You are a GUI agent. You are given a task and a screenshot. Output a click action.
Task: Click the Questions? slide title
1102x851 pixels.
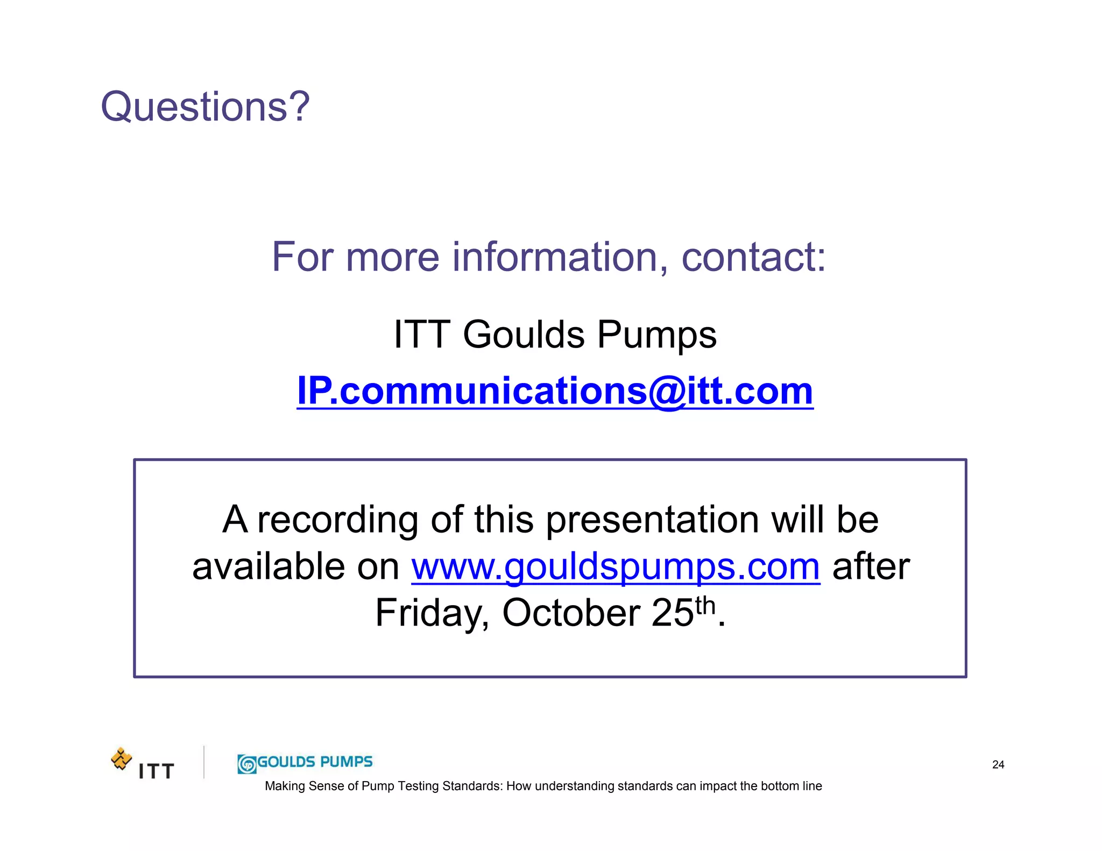[205, 107]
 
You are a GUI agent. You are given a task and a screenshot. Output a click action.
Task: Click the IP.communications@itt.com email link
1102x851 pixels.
[555, 391]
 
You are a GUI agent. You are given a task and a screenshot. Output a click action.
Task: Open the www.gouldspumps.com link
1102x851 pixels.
[616, 567]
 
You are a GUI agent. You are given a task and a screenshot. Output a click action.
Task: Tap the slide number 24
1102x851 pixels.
[998, 764]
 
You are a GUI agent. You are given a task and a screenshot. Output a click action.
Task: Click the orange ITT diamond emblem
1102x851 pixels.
[122, 758]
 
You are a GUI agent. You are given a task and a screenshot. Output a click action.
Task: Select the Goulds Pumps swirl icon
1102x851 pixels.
[247, 764]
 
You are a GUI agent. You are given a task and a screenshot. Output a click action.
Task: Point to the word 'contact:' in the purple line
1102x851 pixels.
[753, 257]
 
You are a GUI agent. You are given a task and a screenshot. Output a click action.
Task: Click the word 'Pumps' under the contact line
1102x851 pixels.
[656, 335]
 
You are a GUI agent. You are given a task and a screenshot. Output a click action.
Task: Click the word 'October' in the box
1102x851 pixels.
[570, 613]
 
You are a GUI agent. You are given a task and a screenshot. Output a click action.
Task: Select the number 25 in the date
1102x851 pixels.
[673, 613]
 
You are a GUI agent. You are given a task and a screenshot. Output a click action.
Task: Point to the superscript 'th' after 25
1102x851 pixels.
[705, 606]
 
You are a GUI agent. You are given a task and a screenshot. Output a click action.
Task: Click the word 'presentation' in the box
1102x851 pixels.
[653, 520]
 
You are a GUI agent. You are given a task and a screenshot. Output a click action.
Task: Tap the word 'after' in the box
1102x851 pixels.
[871, 567]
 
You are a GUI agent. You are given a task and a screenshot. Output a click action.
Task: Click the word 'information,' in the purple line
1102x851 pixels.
[560, 257]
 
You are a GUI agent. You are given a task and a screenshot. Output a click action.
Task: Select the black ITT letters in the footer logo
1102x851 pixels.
[156, 771]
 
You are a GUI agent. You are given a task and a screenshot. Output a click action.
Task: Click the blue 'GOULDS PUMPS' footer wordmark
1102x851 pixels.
[315, 762]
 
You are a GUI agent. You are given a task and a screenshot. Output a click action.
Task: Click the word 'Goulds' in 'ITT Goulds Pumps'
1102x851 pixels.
[523, 335]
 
